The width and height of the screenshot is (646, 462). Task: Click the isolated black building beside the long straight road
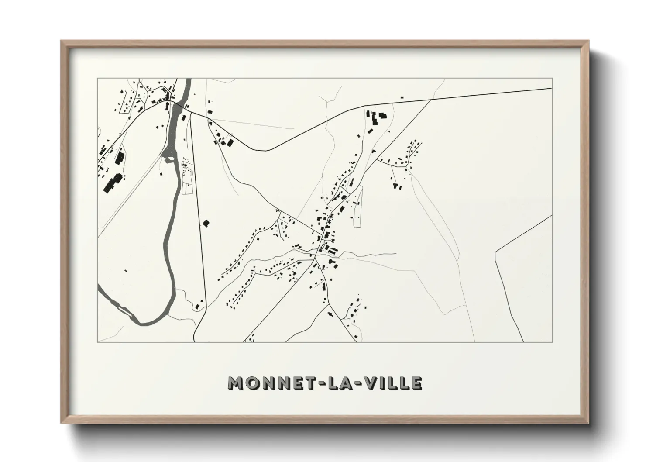click(x=206, y=223)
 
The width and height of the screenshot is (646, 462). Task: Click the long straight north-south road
click(x=197, y=218)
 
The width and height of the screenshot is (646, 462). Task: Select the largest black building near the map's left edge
click(x=112, y=183)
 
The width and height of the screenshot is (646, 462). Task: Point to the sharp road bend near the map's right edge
click(x=495, y=252)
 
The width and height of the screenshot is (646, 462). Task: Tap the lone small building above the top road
click(x=402, y=97)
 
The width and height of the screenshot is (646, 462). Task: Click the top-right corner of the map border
click(x=553, y=79)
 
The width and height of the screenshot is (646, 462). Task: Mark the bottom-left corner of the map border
click(x=98, y=342)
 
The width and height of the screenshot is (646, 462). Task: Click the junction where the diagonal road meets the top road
click(x=431, y=100)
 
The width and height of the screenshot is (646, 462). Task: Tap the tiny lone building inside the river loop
click(x=126, y=271)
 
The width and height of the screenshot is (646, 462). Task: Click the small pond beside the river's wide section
click(x=167, y=160)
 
